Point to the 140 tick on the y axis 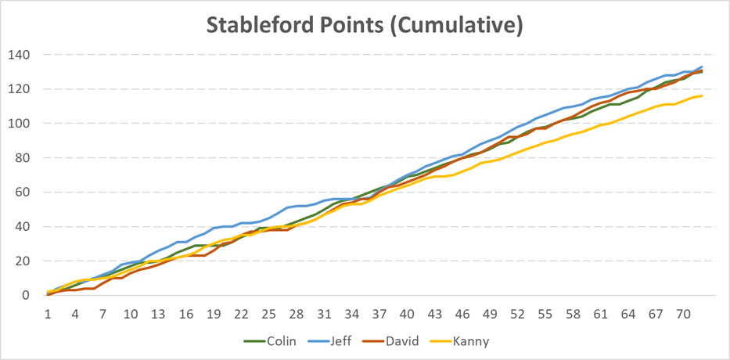tap(18, 55)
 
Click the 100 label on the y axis tap(18, 124)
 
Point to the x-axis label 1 tap(48, 315)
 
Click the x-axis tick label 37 tap(380, 315)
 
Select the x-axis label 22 tap(240, 315)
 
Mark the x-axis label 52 tap(517, 315)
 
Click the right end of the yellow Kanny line tap(702, 96)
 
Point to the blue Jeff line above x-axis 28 tap(297, 206)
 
